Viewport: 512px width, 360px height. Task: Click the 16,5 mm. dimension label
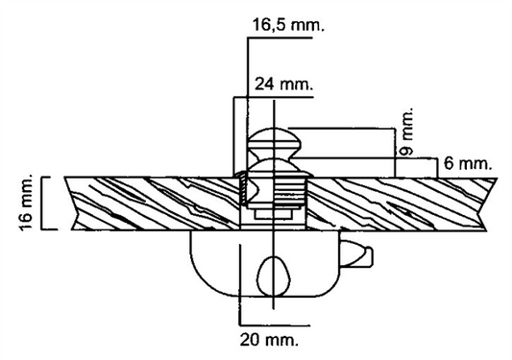(288, 25)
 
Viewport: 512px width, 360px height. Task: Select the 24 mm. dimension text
(283, 84)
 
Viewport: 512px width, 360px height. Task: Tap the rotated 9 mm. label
(406, 131)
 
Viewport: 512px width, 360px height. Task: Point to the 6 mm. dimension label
(468, 163)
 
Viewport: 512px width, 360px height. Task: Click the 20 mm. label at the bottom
(269, 340)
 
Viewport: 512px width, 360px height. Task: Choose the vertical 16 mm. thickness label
(27, 203)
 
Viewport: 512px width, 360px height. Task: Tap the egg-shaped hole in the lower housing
(274, 276)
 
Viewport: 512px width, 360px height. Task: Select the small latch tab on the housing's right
(356, 254)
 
